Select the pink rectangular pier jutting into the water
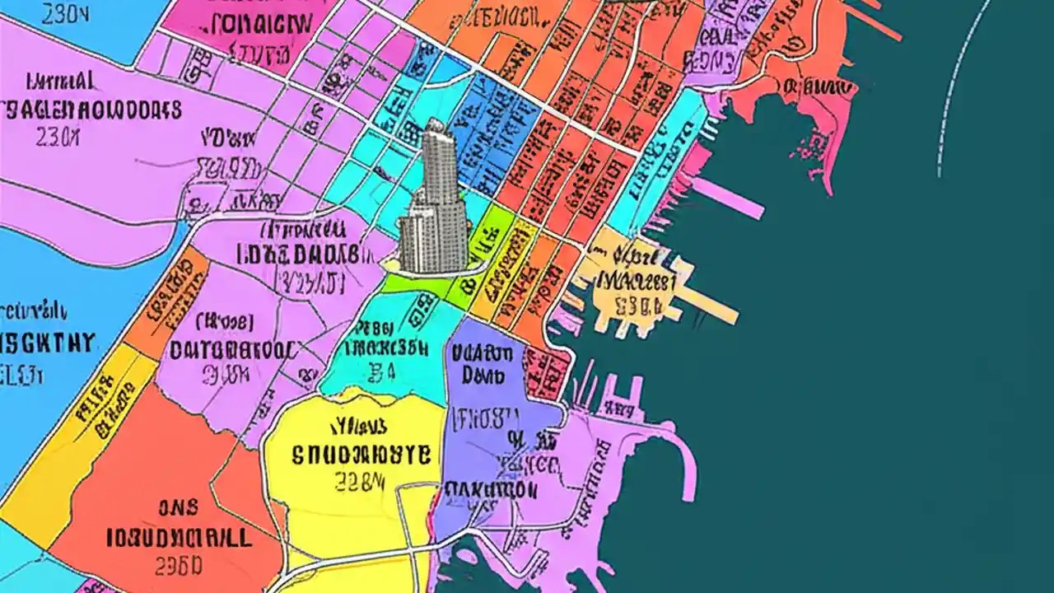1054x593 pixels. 729,198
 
